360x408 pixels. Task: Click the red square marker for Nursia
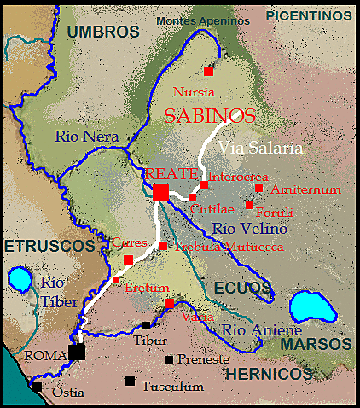208,71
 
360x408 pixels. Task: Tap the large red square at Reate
160,191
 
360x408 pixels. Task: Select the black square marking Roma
77,352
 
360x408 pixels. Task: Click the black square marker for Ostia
37,387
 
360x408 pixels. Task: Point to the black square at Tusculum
130,381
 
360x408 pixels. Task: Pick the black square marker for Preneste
170,359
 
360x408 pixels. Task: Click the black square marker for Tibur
147,325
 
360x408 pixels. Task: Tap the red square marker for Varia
169,303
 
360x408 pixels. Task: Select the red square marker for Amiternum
258,188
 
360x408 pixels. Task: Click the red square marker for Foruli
249,205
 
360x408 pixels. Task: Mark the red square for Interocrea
204,184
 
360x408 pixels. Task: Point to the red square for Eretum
116,280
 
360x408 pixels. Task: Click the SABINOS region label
209,116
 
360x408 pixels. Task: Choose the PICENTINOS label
309,15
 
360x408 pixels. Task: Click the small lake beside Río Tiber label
19,279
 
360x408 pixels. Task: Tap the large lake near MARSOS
309,307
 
